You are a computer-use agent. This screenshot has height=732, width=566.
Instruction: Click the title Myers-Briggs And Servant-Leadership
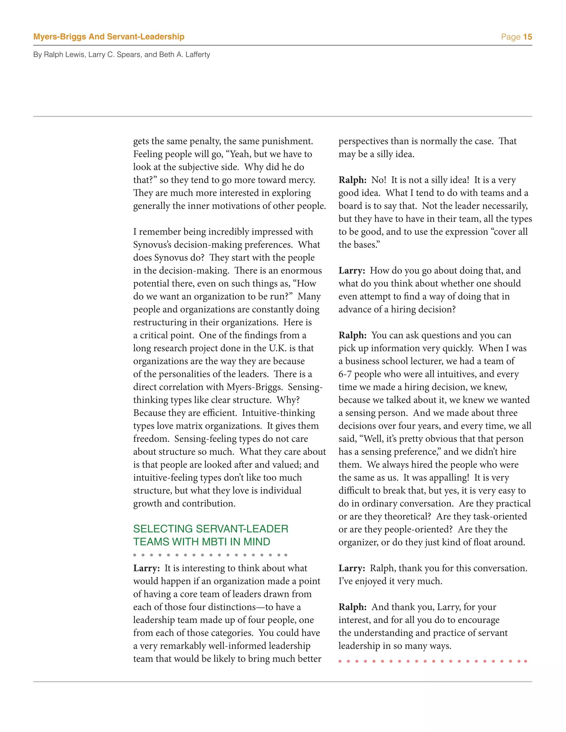109,37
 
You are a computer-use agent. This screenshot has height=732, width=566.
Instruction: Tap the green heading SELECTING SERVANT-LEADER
211,529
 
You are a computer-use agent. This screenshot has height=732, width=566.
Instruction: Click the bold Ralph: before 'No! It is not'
352,180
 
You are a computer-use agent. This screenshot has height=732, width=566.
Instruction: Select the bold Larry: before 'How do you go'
352,270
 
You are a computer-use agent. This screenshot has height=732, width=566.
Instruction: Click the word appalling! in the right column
450,478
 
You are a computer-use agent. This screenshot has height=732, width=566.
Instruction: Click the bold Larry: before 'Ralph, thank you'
352,568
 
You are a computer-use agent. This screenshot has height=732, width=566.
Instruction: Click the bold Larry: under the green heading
146,568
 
